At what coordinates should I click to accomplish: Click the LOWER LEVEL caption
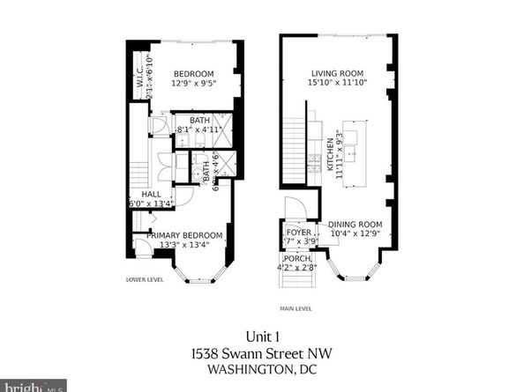tap(145, 280)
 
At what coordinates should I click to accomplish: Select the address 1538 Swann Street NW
tap(261, 351)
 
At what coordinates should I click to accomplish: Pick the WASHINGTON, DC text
tap(261, 370)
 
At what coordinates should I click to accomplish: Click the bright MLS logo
tap(34, 386)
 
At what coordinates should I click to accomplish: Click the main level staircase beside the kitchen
tap(294, 145)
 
